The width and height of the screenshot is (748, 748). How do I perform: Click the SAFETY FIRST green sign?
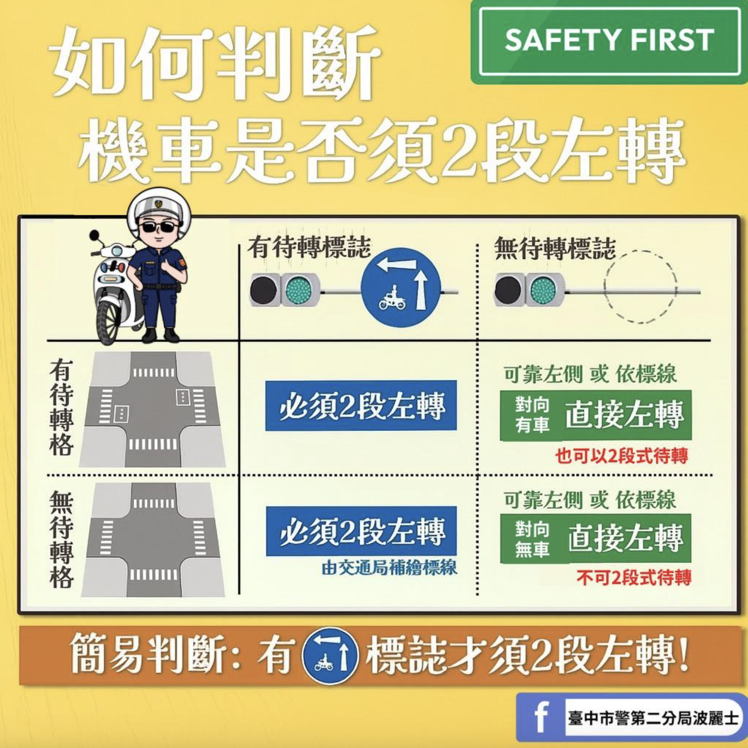click(609, 41)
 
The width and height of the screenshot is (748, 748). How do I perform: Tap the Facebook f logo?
click(541, 717)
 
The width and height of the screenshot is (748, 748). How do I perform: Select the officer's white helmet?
click(156, 206)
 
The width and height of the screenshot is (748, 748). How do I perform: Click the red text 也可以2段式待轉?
click(621, 456)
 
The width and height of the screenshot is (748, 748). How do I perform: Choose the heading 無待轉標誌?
click(555, 248)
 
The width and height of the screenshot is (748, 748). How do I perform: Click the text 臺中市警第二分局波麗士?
click(653, 718)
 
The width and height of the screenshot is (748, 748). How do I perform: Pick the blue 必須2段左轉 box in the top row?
click(361, 405)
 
